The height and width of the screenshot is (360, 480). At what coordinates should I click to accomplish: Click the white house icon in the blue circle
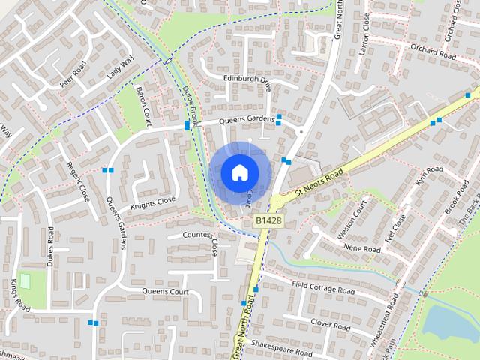tap(238, 172)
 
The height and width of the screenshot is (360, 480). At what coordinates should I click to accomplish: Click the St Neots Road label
tap(319, 184)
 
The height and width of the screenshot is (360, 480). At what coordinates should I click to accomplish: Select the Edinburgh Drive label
tap(247, 82)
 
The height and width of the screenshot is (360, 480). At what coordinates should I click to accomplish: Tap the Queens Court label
tap(165, 290)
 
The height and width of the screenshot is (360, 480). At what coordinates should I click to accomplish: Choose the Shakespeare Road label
tap(280, 347)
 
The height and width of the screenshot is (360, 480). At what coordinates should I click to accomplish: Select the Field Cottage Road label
tap(324, 289)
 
